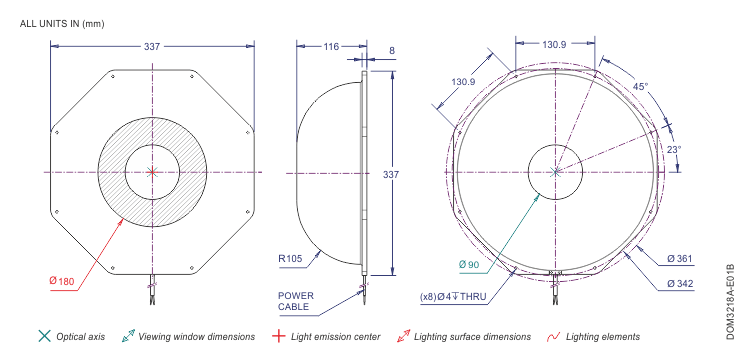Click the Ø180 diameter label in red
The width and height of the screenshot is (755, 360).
(x=62, y=281)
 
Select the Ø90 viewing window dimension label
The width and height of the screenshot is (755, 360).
(x=469, y=264)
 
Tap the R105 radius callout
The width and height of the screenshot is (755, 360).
(x=290, y=258)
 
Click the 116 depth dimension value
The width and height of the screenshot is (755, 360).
(x=331, y=46)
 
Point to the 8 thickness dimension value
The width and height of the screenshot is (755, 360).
(x=392, y=50)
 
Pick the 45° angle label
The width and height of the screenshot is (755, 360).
(x=640, y=87)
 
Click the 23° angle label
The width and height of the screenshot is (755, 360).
(x=674, y=149)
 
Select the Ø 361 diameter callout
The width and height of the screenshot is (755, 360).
(x=680, y=259)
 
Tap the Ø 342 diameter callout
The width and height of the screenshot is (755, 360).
(x=680, y=284)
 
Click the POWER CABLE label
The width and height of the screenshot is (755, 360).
(x=296, y=301)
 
